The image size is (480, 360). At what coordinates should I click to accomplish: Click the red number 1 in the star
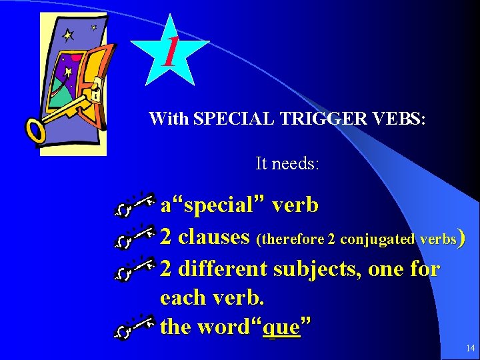[x=171, y=52]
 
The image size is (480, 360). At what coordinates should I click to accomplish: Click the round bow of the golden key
[x=36, y=130]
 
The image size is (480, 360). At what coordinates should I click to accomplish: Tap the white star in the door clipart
[x=68, y=35]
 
